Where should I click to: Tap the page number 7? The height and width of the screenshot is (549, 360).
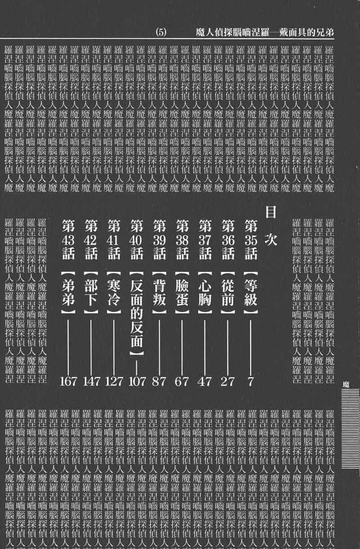[x=251, y=382]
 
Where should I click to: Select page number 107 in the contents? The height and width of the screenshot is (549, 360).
[x=137, y=382]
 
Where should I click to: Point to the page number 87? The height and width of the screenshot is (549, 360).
[x=160, y=382]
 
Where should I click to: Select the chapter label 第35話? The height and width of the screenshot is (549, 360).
[x=251, y=239]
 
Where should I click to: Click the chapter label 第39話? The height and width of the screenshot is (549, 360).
[x=160, y=239]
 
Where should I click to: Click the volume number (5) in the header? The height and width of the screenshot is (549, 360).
[x=161, y=32]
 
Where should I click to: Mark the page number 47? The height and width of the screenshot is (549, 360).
[x=205, y=382]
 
